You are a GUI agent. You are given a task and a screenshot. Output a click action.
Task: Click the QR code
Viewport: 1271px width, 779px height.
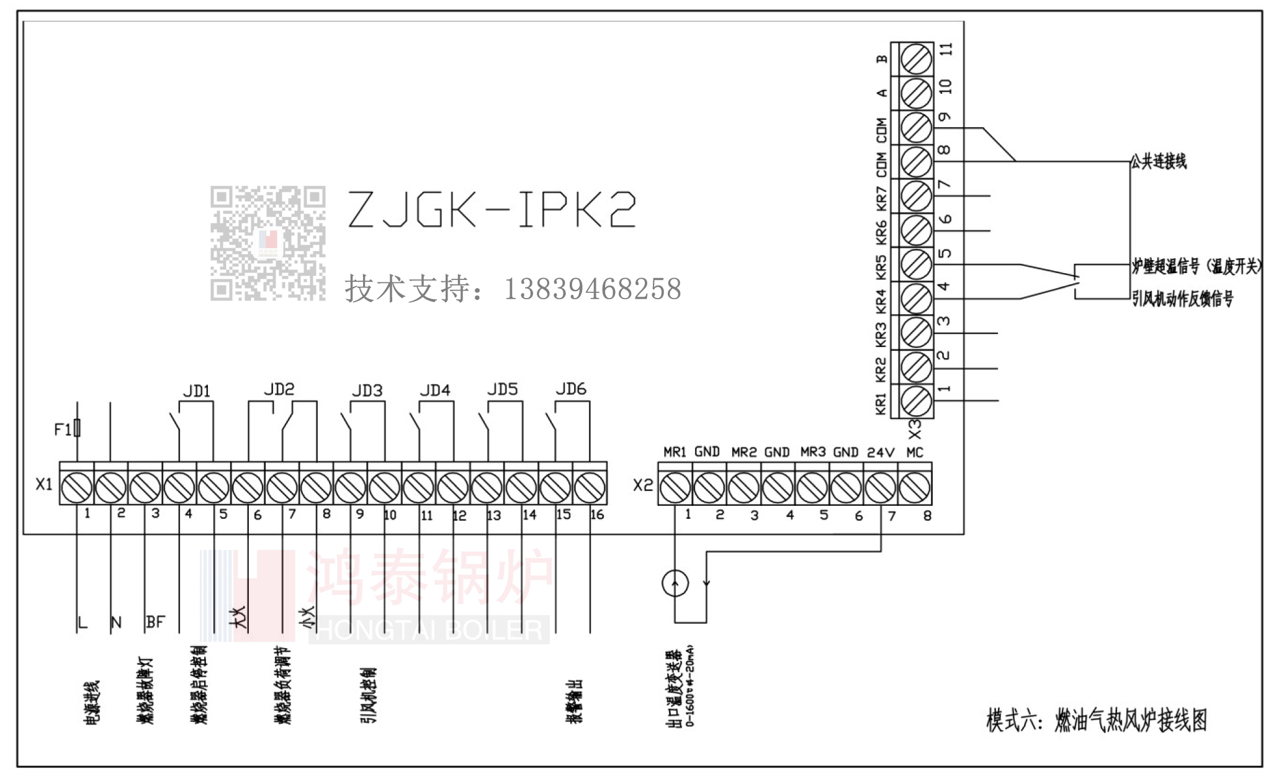pos(267,243)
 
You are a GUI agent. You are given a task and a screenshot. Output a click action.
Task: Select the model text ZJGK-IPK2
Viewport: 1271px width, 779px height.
pos(492,209)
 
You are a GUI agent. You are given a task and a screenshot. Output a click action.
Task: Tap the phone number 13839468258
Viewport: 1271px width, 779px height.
pos(592,289)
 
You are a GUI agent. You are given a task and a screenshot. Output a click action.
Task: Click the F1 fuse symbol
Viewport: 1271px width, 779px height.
pos(77,428)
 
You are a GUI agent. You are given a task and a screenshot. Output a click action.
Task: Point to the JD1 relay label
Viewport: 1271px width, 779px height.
pos(197,391)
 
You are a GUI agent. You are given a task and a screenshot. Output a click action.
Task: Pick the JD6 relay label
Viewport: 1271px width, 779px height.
pos(571,389)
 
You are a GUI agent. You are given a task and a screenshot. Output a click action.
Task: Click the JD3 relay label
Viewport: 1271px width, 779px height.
pos(367,391)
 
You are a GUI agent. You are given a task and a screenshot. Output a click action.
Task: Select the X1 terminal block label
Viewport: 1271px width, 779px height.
pos(44,484)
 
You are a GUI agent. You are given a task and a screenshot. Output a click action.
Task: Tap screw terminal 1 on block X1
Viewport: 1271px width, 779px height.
pos(77,487)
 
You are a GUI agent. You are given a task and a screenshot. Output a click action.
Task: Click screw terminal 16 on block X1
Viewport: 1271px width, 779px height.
pos(590,487)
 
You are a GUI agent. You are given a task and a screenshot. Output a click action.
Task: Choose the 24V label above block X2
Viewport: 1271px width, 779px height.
pos(881,453)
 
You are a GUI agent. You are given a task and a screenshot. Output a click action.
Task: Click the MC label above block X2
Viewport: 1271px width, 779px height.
pos(915,453)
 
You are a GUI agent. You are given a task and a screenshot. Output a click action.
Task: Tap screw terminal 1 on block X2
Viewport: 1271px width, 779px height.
pos(675,488)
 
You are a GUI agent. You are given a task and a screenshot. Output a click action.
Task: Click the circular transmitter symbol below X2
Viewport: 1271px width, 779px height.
pos(675,583)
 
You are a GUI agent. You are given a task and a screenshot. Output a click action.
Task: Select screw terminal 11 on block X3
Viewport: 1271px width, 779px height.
pos(915,60)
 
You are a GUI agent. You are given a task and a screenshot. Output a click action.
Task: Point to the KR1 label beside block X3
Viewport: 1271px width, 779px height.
pos(881,403)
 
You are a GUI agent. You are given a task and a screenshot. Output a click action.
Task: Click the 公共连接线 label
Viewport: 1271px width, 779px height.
pos(1158,162)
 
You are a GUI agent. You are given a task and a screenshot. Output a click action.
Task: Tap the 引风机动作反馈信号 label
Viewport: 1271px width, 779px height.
pos(1183,299)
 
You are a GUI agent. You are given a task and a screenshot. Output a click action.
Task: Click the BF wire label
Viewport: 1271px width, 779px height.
pos(155,622)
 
